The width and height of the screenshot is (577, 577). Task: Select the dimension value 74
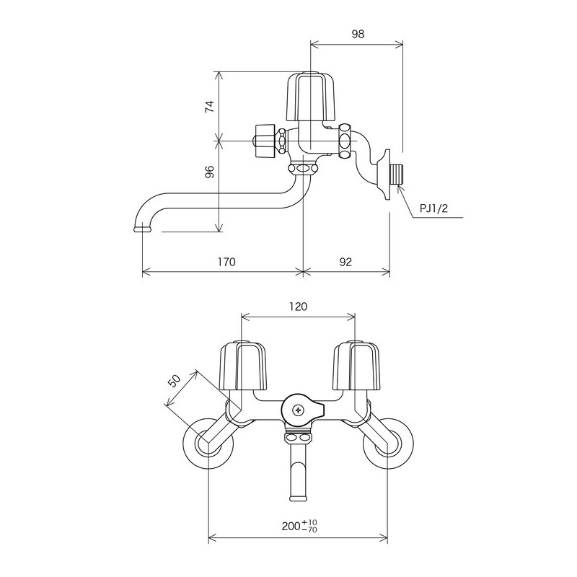pos(209,106)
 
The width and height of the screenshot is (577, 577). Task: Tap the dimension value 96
pos(209,172)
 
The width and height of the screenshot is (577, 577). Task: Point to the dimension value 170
pos(226,263)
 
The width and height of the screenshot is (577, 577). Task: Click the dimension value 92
pos(345,263)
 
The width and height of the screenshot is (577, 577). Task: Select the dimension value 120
pos(298,306)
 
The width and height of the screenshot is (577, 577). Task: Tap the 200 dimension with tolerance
pos(298,527)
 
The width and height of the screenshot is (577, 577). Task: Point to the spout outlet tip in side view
pos(142,229)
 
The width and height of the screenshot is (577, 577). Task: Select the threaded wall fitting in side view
pos(395,175)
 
